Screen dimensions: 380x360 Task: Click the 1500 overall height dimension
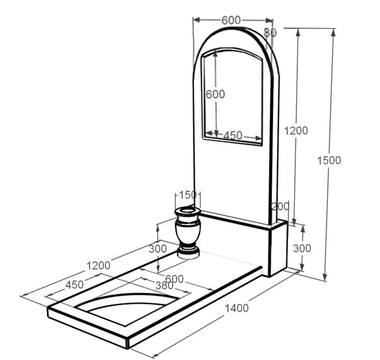click(x=329, y=160)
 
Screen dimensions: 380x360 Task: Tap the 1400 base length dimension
click(x=237, y=308)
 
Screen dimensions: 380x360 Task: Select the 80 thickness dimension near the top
click(x=270, y=32)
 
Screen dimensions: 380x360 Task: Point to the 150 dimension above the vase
click(x=187, y=195)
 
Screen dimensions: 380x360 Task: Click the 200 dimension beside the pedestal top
click(x=280, y=207)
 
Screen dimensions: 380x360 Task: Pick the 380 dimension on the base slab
click(x=164, y=286)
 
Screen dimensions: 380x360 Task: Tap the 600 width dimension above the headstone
click(x=231, y=20)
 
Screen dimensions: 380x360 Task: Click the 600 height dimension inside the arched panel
click(x=215, y=94)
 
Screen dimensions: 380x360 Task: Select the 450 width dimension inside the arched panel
click(x=233, y=136)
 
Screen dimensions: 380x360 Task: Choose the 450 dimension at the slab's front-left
click(x=75, y=285)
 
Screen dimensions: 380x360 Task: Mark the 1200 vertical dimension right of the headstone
click(x=295, y=131)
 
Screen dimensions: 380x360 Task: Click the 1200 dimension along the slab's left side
click(x=99, y=266)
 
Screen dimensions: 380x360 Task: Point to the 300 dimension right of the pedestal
click(x=302, y=248)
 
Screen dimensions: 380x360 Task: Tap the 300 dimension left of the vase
click(x=157, y=249)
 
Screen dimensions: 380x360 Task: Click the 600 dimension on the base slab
click(x=174, y=279)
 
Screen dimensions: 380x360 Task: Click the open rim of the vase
click(x=187, y=211)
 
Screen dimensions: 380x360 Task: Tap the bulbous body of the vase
click(x=188, y=232)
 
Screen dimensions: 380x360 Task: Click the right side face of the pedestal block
click(x=279, y=248)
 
